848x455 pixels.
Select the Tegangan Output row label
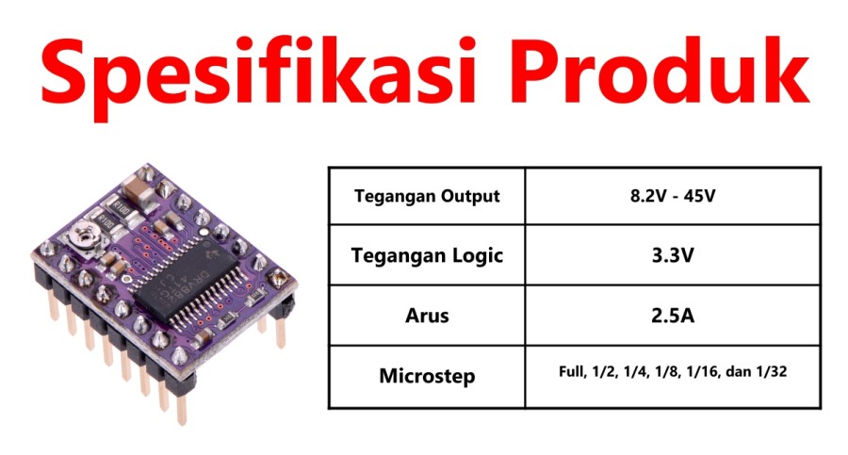point(427,196)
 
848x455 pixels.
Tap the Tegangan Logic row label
point(427,255)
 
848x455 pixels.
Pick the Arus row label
point(427,316)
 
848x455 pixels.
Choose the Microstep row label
point(427,376)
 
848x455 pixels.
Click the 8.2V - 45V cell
point(672,195)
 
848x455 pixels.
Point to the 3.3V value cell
point(672,255)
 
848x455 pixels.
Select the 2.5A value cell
point(672,315)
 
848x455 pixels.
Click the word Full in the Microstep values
point(573,372)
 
